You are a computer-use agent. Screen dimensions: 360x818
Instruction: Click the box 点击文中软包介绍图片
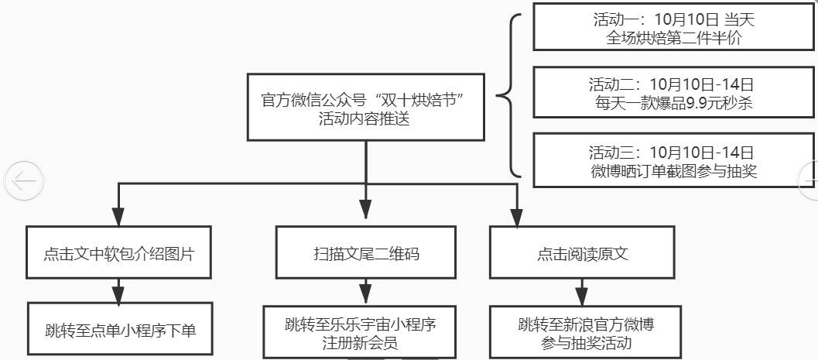[x=118, y=252]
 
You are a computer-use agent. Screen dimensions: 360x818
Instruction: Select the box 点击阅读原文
[x=582, y=252]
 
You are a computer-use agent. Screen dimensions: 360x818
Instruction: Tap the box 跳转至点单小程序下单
[x=121, y=331]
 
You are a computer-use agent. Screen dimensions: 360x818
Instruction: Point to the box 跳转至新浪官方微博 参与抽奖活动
[x=582, y=332]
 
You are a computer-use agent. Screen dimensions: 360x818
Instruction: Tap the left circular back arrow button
[x=24, y=180]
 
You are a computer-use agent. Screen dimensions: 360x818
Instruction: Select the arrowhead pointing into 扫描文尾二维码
[x=366, y=209]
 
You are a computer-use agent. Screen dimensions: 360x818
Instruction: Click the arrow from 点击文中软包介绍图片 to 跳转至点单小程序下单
[x=118, y=293]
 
